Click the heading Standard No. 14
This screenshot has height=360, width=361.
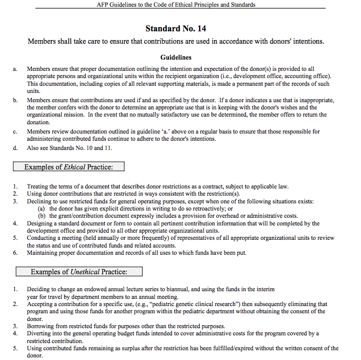[x=176, y=28]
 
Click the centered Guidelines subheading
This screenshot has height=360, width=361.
[x=176, y=57]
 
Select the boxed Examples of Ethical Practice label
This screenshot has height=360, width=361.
[x=68, y=167]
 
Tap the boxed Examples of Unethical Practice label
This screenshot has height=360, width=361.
[x=79, y=272]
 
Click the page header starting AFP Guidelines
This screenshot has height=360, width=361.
[x=176, y=5]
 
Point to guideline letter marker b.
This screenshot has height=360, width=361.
[x=15, y=100]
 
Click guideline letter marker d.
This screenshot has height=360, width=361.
[x=15, y=148]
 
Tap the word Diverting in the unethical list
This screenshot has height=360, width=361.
[x=39, y=333]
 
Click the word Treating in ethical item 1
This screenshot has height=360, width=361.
[x=38, y=186]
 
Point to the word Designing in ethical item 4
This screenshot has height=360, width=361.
[x=41, y=223]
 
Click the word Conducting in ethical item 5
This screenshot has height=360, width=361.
[x=43, y=238]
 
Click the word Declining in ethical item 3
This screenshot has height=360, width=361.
[x=40, y=201]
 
